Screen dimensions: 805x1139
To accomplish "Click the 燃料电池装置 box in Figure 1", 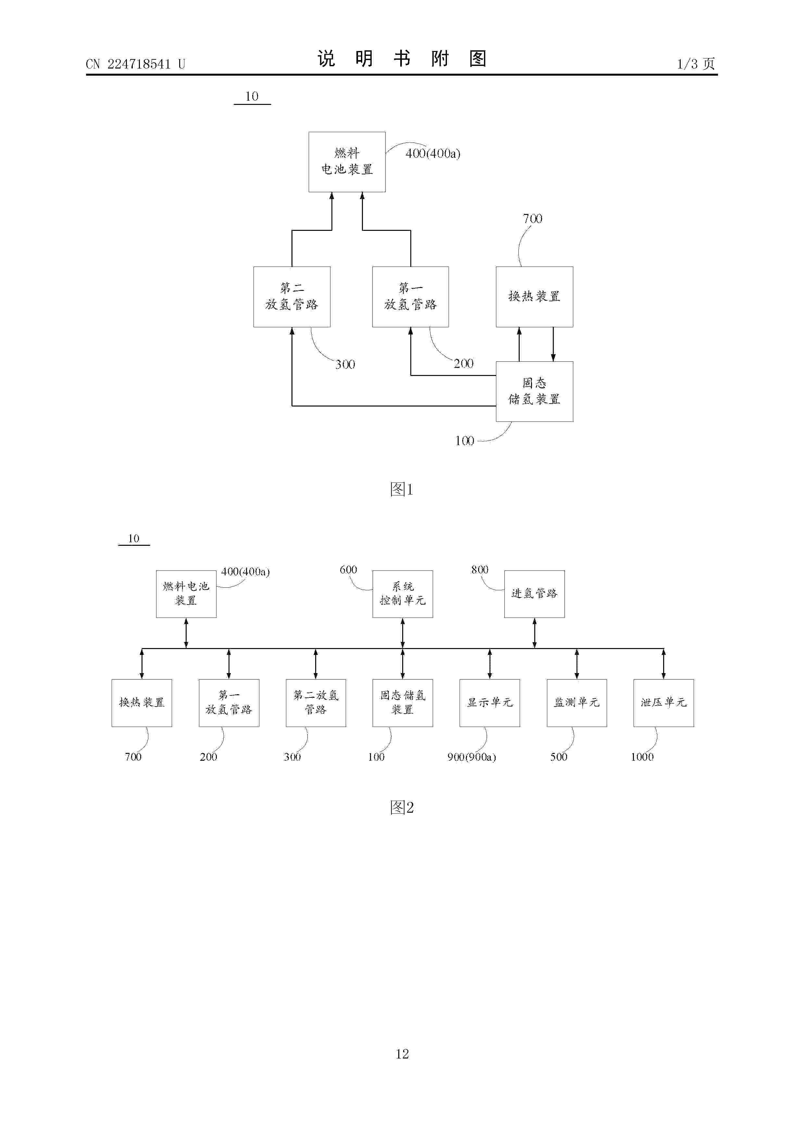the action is [347, 162].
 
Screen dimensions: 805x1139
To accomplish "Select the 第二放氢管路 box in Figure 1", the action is [291, 297].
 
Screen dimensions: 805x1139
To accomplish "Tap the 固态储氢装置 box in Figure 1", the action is [534, 391].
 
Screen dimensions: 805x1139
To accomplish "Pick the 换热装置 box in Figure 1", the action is [534, 297].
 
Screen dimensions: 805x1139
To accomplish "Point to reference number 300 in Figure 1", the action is [345, 365].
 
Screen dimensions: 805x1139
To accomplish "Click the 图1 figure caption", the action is [402, 490].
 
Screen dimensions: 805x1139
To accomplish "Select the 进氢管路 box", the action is [534, 594].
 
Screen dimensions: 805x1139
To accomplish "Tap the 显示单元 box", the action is [489, 703].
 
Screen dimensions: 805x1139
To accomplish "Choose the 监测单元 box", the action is [577, 703].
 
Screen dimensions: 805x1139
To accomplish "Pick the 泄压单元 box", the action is [664, 703].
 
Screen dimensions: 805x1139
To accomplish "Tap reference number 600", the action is [348, 569].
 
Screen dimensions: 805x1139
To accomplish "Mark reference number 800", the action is [480, 569].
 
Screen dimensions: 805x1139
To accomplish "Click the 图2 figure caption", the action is [402, 807].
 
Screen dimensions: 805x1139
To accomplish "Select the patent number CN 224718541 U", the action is [135, 64].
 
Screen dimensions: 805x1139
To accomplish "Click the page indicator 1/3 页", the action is [696, 64].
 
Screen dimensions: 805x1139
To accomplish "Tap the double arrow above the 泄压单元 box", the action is [664, 664].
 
